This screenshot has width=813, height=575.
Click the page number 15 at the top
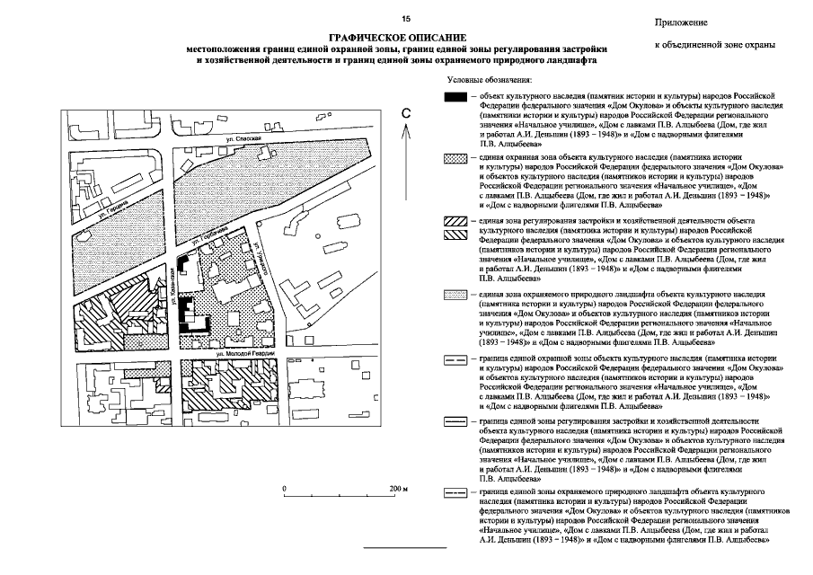406,19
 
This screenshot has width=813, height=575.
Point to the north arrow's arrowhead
406,128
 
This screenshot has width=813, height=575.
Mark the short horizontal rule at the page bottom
404,547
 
